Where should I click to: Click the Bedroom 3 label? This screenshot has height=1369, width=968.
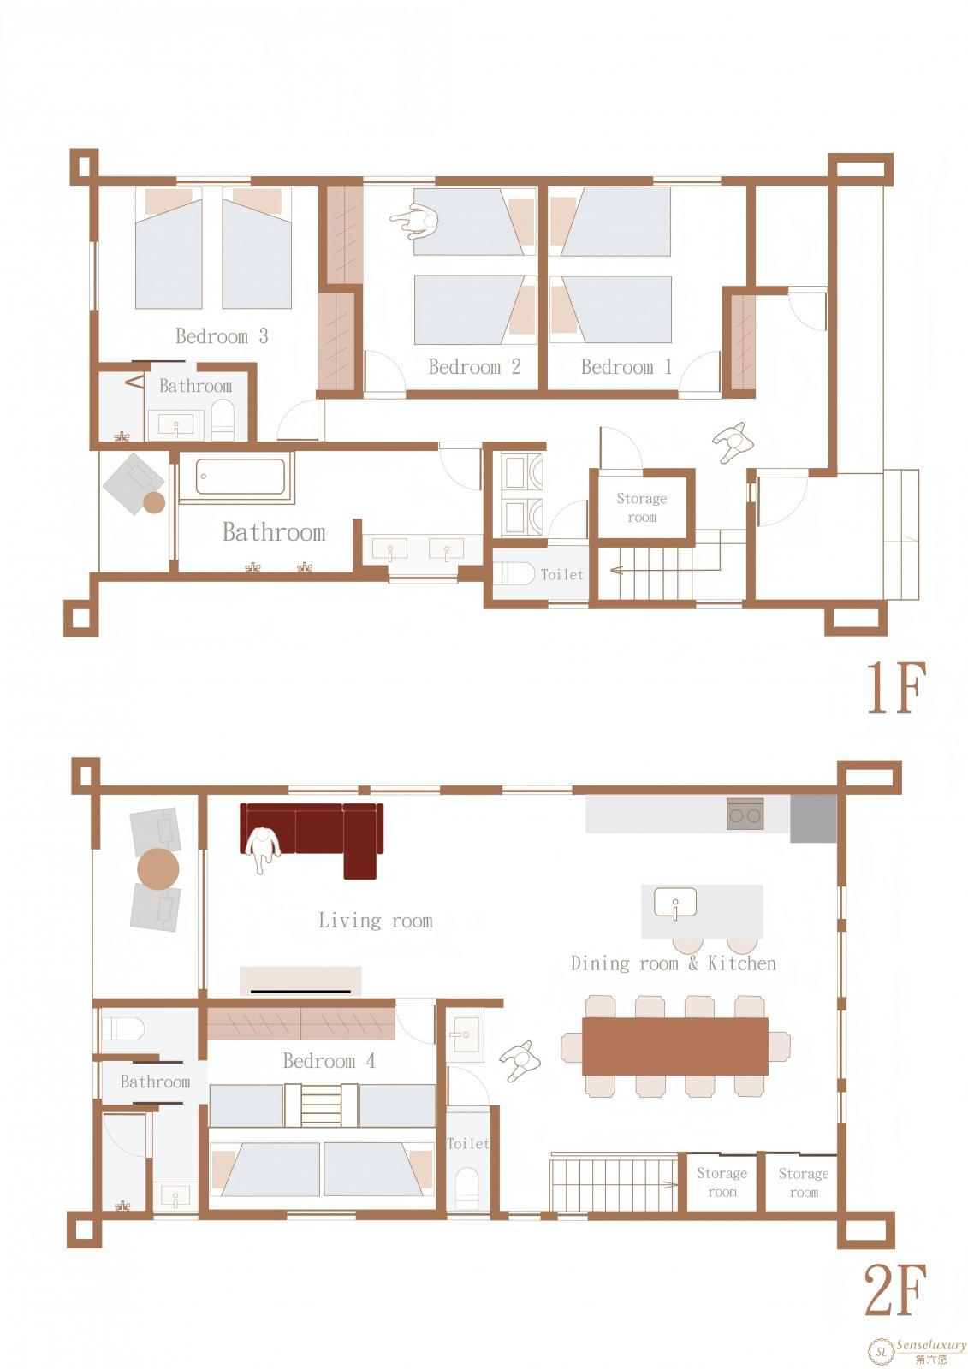click(x=222, y=335)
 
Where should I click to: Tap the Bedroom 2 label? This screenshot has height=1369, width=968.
click(x=474, y=367)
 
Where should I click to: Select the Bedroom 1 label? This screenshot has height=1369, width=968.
click(x=627, y=367)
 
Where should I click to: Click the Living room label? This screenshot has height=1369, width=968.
click(x=376, y=921)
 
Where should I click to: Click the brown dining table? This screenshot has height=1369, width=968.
click(x=674, y=1046)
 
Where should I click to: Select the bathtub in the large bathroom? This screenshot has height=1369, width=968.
click(x=241, y=476)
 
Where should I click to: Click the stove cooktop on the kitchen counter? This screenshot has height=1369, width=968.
click(x=745, y=814)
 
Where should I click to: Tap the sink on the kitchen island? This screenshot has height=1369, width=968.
click(x=675, y=904)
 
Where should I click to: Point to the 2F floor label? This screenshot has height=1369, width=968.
click(x=895, y=1290)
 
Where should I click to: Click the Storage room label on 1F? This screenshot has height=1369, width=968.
click(x=641, y=507)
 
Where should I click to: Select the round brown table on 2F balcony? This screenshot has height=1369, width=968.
click(x=158, y=868)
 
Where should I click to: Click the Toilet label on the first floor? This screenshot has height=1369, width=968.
click(x=562, y=574)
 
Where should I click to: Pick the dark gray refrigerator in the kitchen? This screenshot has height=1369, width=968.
click(x=813, y=818)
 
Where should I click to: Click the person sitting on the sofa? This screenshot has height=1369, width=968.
click(x=263, y=849)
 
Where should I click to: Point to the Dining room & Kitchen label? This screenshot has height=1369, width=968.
click(x=674, y=963)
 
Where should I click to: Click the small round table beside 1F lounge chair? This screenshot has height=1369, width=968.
click(x=154, y=502)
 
